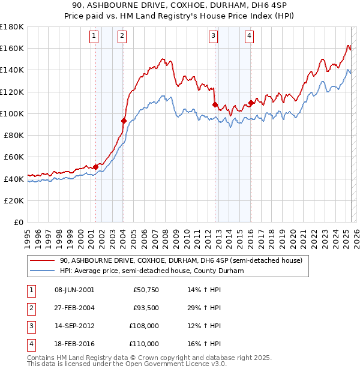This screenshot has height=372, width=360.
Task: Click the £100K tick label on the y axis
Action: point(12,113)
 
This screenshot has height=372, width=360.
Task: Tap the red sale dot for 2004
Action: point(124,121)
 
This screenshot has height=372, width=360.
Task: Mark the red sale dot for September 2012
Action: point(214,104)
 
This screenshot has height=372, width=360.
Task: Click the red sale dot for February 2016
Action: point(250,103)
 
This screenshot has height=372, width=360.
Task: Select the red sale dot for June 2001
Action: point(95,167)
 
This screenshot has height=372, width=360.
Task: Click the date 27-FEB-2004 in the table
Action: point(74,308)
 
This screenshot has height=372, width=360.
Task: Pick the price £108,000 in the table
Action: point(144,327)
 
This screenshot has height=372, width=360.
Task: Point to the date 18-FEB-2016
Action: point(74,344)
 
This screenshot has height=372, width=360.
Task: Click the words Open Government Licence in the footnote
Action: point(181,364)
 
